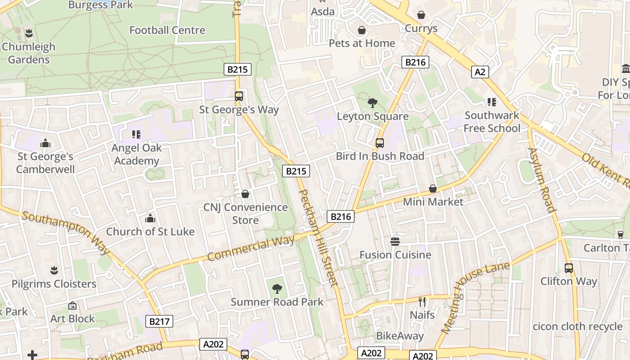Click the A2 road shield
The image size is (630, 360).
tap(480, 72)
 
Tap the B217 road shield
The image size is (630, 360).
tap(159, 321)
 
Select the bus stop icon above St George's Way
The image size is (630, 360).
tap(238, 96)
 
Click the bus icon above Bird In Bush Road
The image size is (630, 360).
tap(380, 143)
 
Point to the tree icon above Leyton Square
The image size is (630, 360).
tap(372, 103)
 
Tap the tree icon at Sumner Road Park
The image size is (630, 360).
tap(277, 289)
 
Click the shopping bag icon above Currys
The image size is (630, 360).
tap(421, 15)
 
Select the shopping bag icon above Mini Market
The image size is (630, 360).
tap(432, 189)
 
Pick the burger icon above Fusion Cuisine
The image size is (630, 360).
tap(395, 242)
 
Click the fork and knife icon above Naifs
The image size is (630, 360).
tap(422, 301)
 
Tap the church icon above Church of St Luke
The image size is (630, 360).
tap(150, 219)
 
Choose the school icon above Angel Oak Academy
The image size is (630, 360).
tap(136, 134)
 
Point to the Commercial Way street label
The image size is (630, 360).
tap(251, 248)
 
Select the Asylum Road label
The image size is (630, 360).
tap(542, 180)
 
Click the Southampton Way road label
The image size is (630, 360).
tap(66, 232)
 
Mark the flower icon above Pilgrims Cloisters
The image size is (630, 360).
tap(54, 270)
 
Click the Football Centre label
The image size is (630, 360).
tap(167, 30)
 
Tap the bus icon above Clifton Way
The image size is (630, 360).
tap(569, 268)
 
